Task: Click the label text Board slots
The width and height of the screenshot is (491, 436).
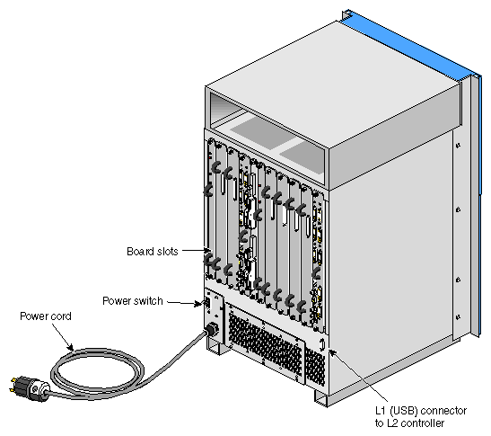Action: coord(153,251)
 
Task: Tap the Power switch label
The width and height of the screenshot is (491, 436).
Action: coord(133,301)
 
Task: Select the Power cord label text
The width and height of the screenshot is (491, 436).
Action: coord(46,316)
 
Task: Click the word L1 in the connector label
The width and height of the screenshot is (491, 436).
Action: coord(381,411)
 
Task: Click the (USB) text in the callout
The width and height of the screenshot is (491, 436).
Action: coord(404,411)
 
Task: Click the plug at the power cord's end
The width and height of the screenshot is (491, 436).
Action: coord(29,388)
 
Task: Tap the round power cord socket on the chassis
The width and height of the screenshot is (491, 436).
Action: coord(212,330)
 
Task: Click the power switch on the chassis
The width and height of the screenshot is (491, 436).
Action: coord(207,303)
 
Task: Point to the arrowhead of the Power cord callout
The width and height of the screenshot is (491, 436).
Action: coord(71,348)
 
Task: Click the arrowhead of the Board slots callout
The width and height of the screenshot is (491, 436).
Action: coord(206,250)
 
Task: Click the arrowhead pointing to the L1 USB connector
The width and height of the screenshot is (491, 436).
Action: coord(333,352)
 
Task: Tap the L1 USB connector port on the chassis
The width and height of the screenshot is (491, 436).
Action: coord(322,344)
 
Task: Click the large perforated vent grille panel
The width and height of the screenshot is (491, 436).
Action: coord(265,343)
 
